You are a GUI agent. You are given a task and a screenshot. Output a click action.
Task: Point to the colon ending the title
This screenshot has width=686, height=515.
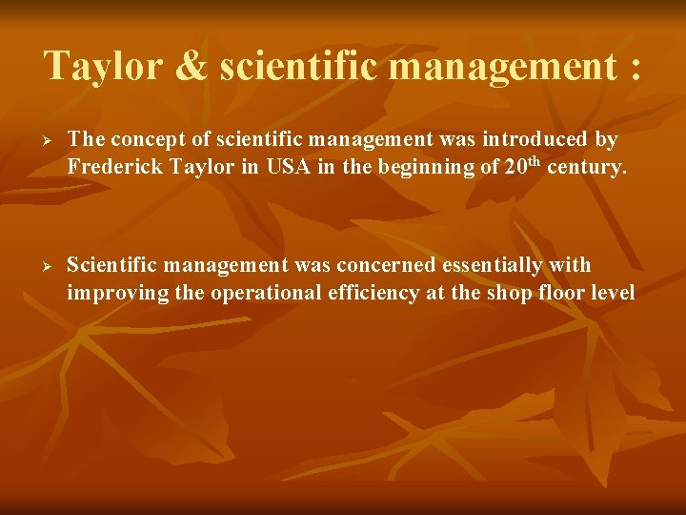tap(635, 69)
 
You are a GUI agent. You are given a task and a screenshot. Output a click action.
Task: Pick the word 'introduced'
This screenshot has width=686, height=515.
tap(529, 139)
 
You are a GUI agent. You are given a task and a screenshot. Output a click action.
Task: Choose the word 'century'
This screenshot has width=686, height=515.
tap(587, 170)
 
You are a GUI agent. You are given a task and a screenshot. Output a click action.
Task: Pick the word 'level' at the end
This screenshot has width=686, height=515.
tap(612, 293)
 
